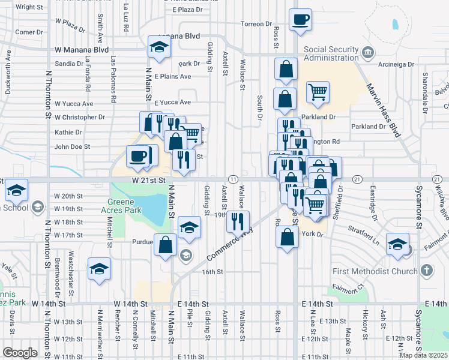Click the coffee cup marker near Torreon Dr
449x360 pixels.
[x=300, y=20]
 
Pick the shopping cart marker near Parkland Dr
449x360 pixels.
[x=318, y=92]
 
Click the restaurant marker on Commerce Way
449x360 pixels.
[x=238, y=221]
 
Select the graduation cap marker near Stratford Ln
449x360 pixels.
[x=397, y=244]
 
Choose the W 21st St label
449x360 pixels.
[x=152, y=179]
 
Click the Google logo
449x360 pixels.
[x=20, y=353]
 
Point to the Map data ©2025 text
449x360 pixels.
[x=424, y=355]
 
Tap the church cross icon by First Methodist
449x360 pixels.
[x=426, y=271]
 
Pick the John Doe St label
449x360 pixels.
[x=72, y=146]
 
